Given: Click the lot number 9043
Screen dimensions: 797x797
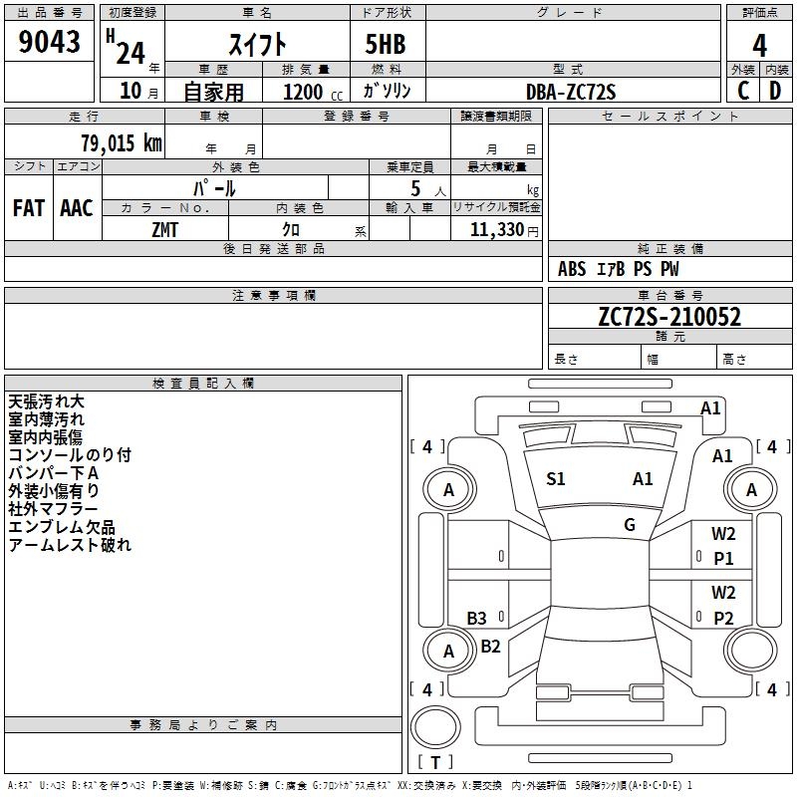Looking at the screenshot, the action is pos(49,41).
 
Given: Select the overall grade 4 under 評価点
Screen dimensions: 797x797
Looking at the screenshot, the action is pos(759,46).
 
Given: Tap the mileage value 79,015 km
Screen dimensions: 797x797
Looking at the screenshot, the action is pos(122,142).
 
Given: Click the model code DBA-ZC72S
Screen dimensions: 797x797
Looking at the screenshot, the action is pos(571,92).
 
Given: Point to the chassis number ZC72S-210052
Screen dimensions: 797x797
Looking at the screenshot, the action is pos(669,316).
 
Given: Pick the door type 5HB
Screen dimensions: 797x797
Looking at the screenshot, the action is pos(386,44).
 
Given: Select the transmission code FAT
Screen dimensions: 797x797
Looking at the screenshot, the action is pos(29,208).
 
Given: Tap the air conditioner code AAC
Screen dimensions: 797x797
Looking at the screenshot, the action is pos(77,208).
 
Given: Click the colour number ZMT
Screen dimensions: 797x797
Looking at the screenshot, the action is pos(164,230).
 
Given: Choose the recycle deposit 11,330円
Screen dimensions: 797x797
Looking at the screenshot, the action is pos(504,230).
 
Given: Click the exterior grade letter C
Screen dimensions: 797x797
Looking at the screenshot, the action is pos(743,91).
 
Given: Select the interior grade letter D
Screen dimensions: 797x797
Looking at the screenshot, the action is pos(775,91).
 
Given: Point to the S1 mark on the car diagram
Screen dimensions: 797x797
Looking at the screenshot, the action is pos(556,479).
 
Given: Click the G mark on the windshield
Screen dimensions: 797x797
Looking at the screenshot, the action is pos(630,525).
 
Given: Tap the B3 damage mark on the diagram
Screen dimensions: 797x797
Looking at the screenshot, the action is pos(477,618).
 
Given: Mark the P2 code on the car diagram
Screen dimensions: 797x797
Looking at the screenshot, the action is pos(723,618).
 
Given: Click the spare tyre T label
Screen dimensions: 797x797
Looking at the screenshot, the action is pos(435,762).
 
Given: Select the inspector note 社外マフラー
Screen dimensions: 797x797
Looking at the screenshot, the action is pos(53,509).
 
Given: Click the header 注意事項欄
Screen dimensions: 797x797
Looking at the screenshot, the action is pos(274,295).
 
